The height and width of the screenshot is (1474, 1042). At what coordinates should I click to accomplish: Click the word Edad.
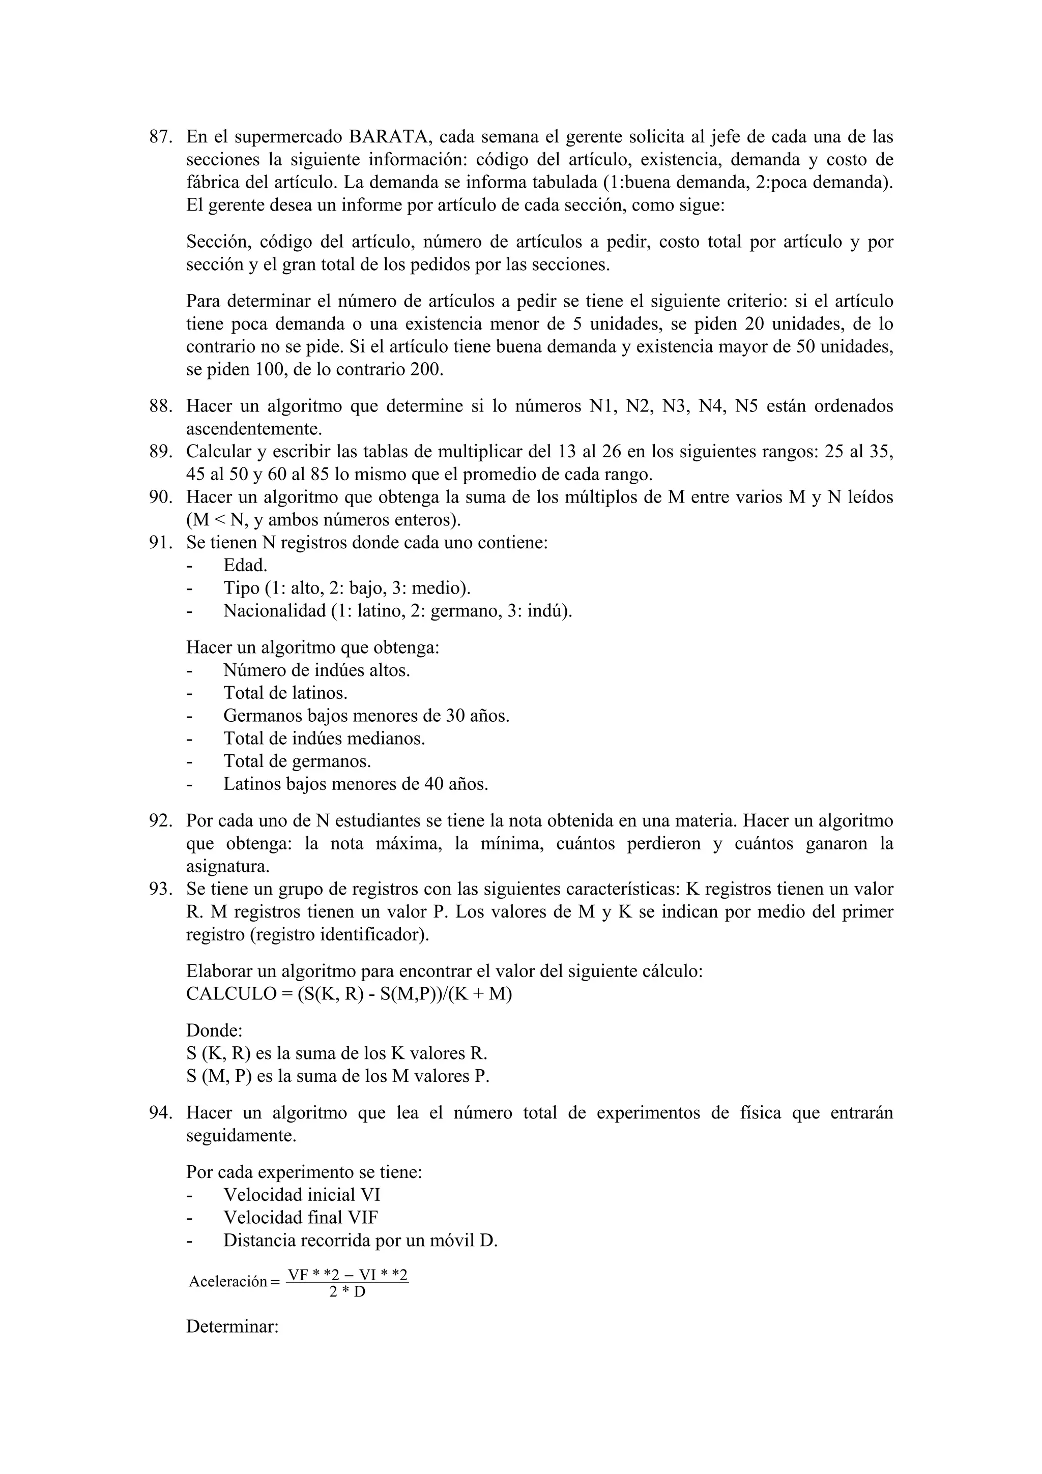[x=245, y=566]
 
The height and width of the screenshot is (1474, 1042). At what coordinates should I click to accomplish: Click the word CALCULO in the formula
[x=222, y=994]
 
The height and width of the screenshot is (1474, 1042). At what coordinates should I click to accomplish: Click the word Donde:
[x=214, y=1031]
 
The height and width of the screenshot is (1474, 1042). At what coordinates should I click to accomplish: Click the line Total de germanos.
[x=297, y=761]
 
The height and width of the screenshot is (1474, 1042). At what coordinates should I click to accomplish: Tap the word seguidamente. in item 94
[x=241, y=1136]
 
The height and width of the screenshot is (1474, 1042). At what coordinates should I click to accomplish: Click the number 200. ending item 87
[x=427, y=370]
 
